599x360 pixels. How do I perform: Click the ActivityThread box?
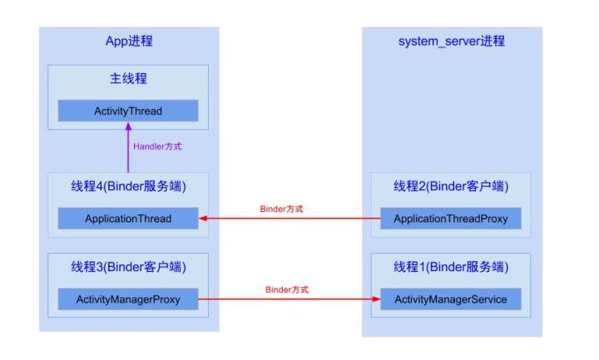pyautogui.click(x=128, y=111)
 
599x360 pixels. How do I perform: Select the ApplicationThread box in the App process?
pyautogui.click(x=128, y=219)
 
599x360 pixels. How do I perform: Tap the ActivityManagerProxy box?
pyautogui.click(x=128, y=298)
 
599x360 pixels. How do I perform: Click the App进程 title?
pyautogui.click(x=129, y=41)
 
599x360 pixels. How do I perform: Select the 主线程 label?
pyautogui.click(x=128, y=81)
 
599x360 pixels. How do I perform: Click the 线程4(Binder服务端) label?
pyautogui.click(x=128, y=187)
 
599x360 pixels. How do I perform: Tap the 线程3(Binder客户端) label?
pyautogui.click(x=128, y=267)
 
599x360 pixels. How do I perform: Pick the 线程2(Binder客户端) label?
pyautogui.click(x=450, y=187)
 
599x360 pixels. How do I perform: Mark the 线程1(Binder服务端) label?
pyautogui.click(x=450, y=267)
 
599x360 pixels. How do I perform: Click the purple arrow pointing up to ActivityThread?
pyautogui.click(x=128, y=150)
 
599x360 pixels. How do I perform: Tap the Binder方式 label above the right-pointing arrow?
pyautogui.click(x=286, y=288)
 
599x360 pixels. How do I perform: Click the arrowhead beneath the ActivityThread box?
pyautogui.click(x=128, y=127)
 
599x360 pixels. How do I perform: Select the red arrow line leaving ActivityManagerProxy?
pyautogui.click(x=283, y=298)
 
